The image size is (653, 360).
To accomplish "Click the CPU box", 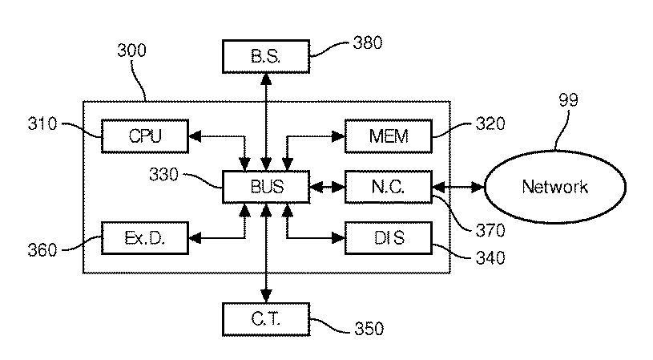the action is point(145,136).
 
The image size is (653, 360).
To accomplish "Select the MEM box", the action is point(389,136).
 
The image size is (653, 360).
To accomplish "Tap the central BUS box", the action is point(266,187).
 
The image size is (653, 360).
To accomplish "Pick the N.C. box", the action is point(389,187).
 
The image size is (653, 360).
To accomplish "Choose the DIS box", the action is point(389,238).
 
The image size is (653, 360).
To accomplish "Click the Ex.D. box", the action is point(145,238).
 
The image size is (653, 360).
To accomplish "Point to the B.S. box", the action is point(266,57).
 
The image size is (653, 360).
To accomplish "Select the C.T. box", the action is point(266,320).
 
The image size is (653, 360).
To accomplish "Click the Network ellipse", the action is point(555,187).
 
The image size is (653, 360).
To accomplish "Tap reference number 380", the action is point(367,43).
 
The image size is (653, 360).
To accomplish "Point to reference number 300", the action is point(131,51).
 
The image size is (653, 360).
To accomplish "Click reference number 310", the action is point(42,123).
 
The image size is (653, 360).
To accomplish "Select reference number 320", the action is point(490,123).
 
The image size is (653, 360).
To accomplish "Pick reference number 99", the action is point(568,100).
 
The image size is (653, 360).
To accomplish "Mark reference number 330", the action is point(163,175).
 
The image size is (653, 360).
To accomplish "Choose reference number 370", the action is point(490,230).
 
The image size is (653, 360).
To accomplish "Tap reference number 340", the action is point(490,258).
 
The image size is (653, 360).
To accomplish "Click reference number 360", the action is point(42,250).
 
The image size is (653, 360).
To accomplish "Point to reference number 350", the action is point(369,329).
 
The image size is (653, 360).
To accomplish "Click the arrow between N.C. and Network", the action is point(458,188).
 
